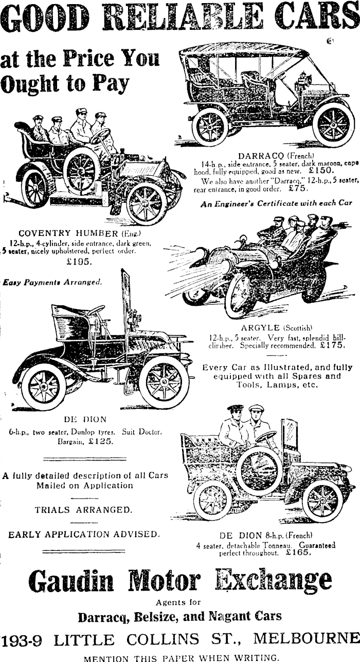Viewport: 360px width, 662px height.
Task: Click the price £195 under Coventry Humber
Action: click(79, 262)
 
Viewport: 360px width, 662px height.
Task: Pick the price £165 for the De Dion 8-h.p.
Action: click(298, 554)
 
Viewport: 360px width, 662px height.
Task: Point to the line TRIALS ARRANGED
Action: click(83, 510)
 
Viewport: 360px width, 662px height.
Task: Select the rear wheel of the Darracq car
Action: click(210, 126)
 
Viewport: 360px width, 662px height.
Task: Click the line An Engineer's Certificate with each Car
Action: click(276, 203)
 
